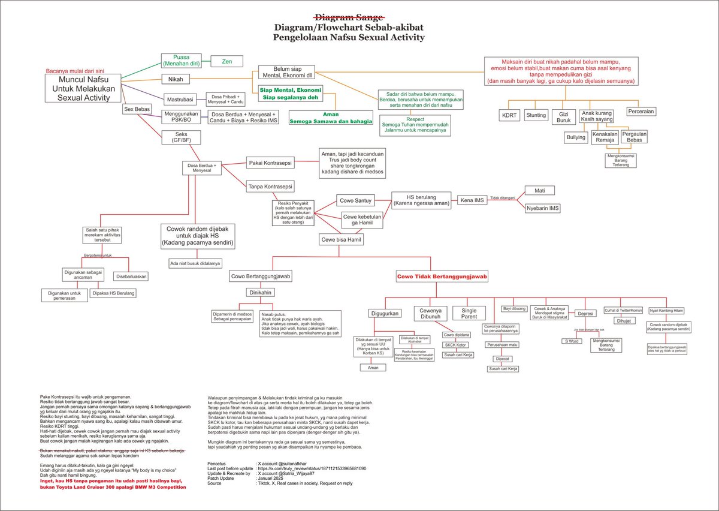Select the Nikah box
coord(176,79)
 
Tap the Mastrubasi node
coord(181,99)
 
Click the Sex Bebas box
coord(137,110)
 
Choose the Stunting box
coord(536,115)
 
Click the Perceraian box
coord(641,112)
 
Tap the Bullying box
coord(576,137)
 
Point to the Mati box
coord(539,190)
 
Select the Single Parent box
coord(469,313)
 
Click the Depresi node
coord(585,313)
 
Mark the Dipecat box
coord(502,358)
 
